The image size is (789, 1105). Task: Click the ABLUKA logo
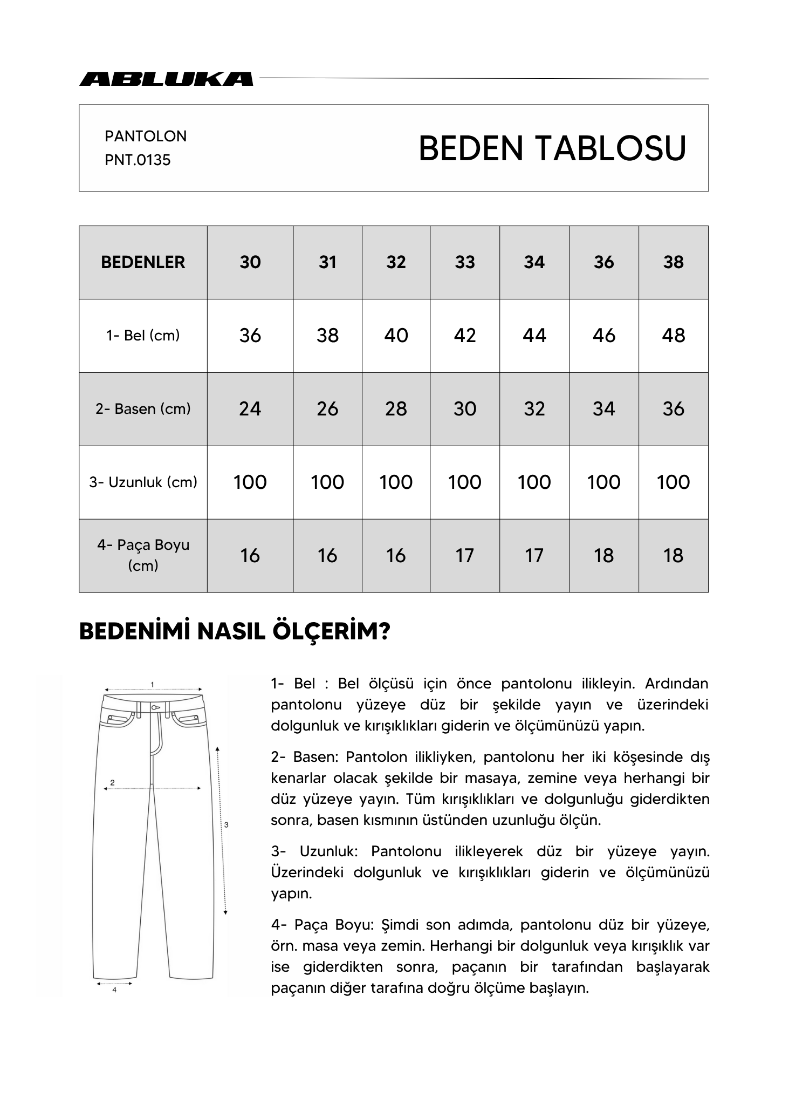[166, 79]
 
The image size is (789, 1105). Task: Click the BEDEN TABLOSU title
[552, 148]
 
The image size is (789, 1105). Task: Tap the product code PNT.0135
[138, 160]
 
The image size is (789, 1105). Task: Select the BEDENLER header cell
[143, 262]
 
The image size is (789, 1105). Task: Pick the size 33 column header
[465, 262]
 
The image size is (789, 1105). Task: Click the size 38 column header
[673, 262]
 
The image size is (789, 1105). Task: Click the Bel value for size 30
[250, 336]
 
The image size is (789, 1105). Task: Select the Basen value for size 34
[534, 409]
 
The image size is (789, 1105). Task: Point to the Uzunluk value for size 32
[396, 482]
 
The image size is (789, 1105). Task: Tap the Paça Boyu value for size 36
[603, 556]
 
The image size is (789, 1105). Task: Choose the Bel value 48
[673, 336]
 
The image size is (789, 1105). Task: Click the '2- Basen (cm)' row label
[143, 409]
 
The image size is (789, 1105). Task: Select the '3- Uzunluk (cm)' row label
[143, 482]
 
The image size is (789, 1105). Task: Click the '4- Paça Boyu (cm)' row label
[143, 555]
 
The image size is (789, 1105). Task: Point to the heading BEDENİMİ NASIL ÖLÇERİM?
[235, 632]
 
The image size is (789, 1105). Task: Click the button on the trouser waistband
[155, 707]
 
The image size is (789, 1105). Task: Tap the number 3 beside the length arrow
[226, 824]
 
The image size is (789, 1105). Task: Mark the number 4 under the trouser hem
[114, 990]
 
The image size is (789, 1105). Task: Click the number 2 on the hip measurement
[112, 782]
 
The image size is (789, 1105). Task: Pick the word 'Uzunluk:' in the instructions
[328, 852]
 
